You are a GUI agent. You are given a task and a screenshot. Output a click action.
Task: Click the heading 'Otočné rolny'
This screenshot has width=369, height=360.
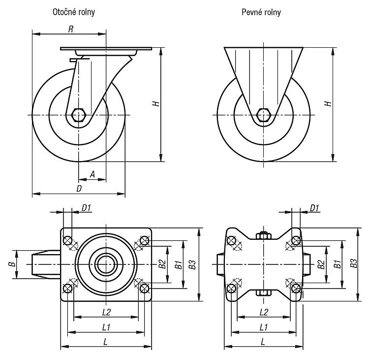pos(74,12)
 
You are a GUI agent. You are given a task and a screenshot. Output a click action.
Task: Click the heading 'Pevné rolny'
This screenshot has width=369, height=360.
pos(261,12)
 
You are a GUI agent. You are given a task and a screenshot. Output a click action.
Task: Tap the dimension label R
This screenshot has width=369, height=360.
pos(71,29)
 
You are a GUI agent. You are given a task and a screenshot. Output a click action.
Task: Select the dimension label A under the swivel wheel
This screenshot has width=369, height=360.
pos(92,174)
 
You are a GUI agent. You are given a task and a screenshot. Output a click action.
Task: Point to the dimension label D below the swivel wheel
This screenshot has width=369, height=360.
pos(79,189)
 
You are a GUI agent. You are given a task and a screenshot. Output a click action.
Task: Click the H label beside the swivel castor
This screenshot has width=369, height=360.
pos(156,103)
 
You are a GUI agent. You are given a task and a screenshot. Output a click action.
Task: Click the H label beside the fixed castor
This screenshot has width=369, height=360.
pos(328,103)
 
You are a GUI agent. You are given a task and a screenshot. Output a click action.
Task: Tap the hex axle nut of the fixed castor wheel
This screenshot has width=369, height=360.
pos(263,115)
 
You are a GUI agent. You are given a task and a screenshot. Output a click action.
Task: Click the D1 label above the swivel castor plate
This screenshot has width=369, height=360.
pos(86,208)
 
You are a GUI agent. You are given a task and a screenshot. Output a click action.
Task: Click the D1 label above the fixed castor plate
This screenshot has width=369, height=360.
pos(314,208)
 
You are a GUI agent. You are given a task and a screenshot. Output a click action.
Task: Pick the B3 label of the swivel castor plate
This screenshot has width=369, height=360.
pos(192,264)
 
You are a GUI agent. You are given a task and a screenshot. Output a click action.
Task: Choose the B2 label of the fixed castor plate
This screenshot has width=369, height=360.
pos(321,264)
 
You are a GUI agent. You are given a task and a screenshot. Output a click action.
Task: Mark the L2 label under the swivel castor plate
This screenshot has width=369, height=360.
pos(106,312)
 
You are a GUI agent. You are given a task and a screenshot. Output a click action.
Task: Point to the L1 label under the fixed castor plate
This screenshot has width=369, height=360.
pos(264,327)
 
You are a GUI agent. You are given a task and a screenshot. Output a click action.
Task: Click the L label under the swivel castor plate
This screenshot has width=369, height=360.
pos(106,342)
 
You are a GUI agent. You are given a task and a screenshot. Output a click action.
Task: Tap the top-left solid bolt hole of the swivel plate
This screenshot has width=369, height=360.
pos(68,241)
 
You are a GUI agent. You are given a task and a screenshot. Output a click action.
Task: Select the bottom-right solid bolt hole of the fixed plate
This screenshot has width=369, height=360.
pos(296,288)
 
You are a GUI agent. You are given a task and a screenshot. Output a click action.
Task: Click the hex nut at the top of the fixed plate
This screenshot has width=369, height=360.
pos(264,235)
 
